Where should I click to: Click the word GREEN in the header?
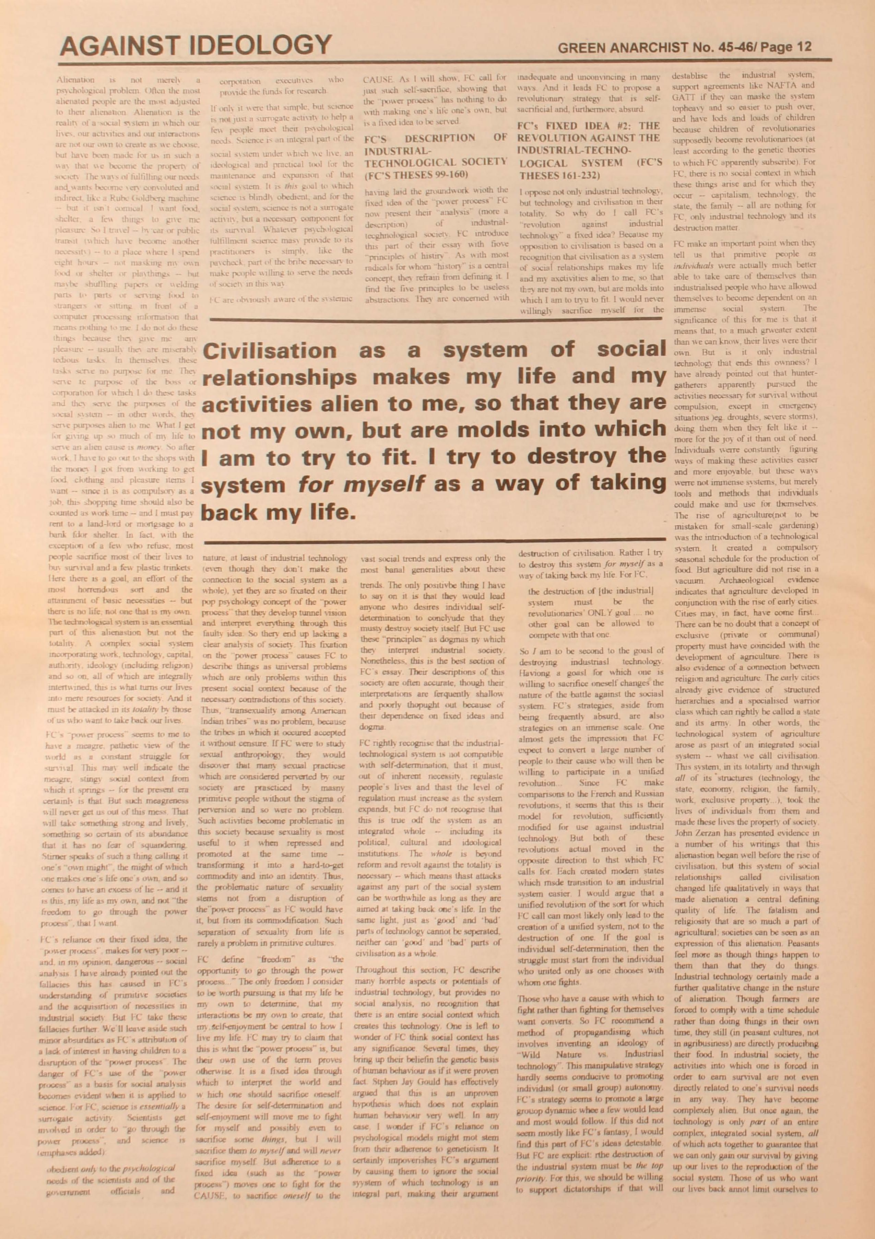581,47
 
